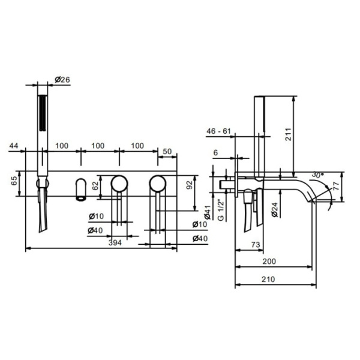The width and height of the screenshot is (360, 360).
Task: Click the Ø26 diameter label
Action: click(x=62, y=80)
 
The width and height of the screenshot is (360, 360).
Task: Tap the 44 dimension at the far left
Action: click(x=14, y=146)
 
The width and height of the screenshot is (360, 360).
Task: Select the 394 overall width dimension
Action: click(x=115, y=242)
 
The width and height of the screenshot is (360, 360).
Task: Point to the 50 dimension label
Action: click(x=167, y=152)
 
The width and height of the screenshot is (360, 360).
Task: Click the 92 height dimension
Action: click(x=190, y=185)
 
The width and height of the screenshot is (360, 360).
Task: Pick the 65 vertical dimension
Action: click(x=14, y=181)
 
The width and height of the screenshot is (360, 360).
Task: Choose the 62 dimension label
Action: click(x=95, y=186)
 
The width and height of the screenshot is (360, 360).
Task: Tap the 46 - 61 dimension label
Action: click(x=218, y=131)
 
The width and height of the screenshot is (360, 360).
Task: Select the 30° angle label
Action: click(x=317, y=175)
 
